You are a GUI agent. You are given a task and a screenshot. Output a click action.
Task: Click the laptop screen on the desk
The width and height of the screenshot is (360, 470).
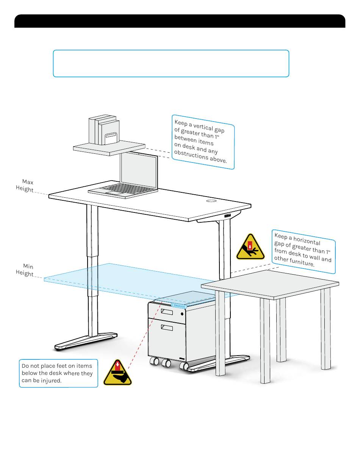point(139,171)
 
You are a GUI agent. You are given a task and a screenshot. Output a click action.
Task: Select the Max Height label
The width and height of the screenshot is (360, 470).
point(25,186)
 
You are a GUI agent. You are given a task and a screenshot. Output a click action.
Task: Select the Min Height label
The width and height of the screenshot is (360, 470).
point(25,270)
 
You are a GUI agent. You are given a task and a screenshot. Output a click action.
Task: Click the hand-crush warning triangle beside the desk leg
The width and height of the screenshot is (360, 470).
point(250,247)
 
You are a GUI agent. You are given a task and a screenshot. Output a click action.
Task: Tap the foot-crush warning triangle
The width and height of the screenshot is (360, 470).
point(117,373)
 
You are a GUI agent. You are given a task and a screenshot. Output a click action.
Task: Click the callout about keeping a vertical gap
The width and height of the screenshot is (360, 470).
point(203,142)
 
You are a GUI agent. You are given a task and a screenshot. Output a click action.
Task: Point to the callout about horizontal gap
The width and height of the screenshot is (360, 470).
point(303,251)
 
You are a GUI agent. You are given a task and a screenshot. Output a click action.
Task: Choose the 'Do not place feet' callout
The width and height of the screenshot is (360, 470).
point(58,373)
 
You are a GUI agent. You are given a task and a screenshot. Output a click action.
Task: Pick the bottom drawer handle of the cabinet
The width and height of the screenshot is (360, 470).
point(167,327)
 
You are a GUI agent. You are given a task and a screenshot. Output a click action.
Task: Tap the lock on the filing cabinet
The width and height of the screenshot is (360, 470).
point(182,314)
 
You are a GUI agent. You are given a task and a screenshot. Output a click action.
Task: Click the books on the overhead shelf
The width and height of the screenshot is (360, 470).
point(104,130)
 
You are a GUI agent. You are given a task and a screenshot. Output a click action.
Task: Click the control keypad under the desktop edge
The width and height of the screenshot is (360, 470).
point(227,216)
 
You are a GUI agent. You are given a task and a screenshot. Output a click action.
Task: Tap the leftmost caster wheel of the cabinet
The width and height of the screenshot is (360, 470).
point(155,361)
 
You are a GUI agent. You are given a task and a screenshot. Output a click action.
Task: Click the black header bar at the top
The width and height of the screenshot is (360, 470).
point(180,21)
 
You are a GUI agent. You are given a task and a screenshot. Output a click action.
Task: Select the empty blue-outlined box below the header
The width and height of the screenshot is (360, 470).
point(171,63)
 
